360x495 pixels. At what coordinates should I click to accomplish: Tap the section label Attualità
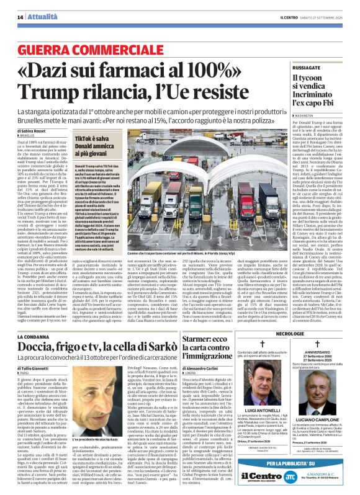point(32,17)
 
